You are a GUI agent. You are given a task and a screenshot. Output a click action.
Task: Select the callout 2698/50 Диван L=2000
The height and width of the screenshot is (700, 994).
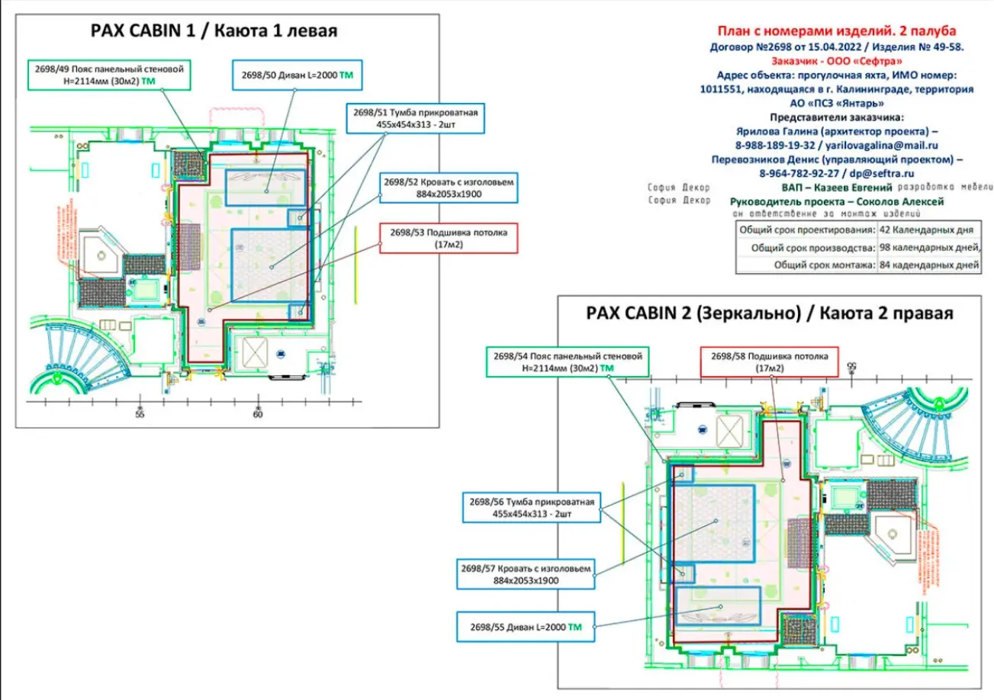pyautogui.click(x=297, y=75)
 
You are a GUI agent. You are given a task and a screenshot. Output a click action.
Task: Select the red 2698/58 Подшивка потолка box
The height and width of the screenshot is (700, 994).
pyautogui.click(x=768, y=361)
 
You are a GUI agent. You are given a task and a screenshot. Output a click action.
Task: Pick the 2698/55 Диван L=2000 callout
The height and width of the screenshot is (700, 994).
pyautogui.click(x=526, y=627)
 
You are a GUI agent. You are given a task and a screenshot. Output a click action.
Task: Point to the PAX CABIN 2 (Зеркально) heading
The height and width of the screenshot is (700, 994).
pyautogui.click(x=770, y=313)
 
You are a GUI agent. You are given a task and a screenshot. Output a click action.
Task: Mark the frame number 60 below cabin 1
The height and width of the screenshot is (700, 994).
pyautogui.click(x=257, y=414)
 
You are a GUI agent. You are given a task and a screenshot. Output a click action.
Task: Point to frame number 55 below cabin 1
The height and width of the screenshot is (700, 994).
pyautogui.click(x=140, y=414)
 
